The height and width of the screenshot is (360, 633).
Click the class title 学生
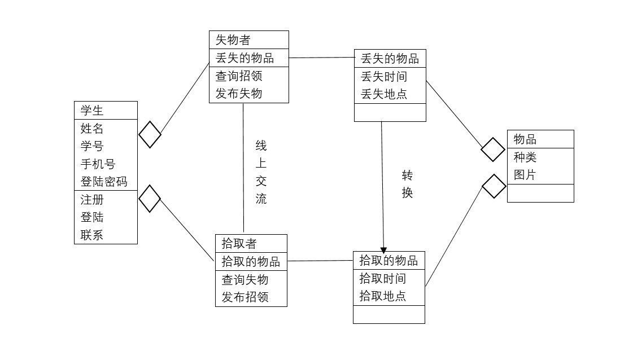click(92, 111)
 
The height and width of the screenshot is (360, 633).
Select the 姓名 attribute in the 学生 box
click(92, 129)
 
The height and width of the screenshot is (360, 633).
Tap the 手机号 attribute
click(98, 164)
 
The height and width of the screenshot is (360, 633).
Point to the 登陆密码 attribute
click(104, 181)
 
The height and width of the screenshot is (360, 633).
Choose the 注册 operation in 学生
click(92, 200)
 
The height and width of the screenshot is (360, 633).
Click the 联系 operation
click(92, 235)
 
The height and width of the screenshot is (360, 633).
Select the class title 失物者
click(233, 40)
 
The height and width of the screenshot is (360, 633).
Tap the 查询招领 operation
click(239, 76)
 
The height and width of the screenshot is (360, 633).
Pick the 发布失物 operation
click(239, 93)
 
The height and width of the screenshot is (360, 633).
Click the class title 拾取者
click(239, 244)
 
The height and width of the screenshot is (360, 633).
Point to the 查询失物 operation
click(245, 279)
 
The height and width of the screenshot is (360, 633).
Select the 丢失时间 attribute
click(384, 76)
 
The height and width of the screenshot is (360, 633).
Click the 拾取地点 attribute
click(383, 296)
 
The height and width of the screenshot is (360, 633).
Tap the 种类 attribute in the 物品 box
click(525, 157)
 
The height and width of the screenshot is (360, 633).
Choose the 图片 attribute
click(525, 175)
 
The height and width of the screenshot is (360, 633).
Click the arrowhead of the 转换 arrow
click(384, 249)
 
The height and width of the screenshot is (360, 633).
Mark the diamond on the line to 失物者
click(150, 135)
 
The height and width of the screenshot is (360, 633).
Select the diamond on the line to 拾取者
click(150, 199)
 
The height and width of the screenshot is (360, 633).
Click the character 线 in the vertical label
click(261, 146)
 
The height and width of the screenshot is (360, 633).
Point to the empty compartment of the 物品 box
click(540, 193)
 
